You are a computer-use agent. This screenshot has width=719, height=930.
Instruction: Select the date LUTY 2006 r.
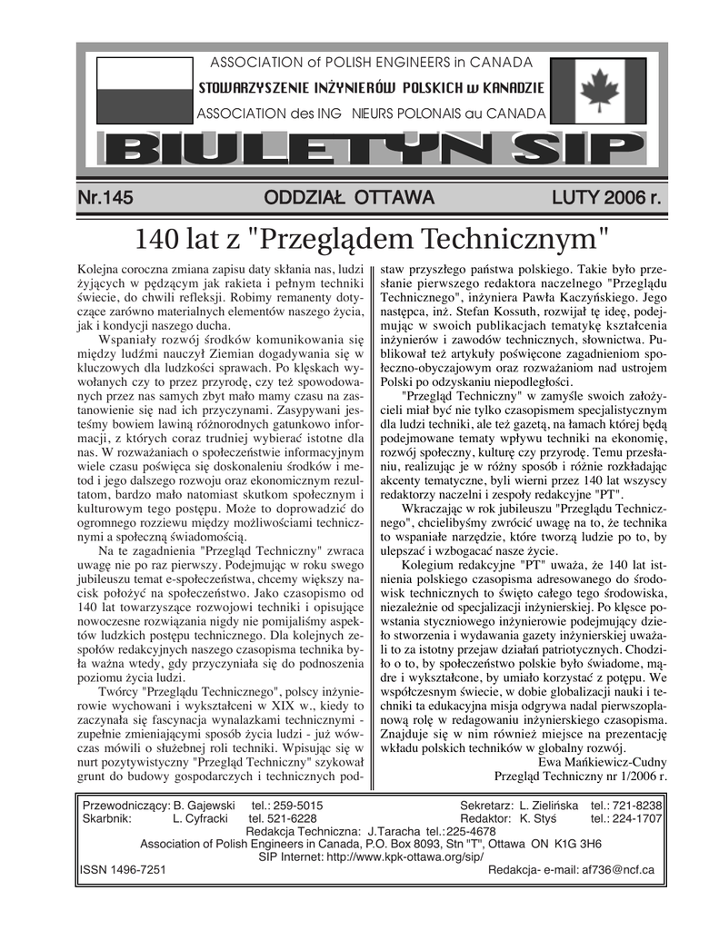[x=604, y=197]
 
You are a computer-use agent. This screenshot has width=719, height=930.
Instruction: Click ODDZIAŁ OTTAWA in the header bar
[x=349, y=197]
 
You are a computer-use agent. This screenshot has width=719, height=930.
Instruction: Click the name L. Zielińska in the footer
[x=550, y=805]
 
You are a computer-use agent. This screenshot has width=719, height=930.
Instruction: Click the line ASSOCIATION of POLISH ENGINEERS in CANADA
[x=371, y=63]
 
